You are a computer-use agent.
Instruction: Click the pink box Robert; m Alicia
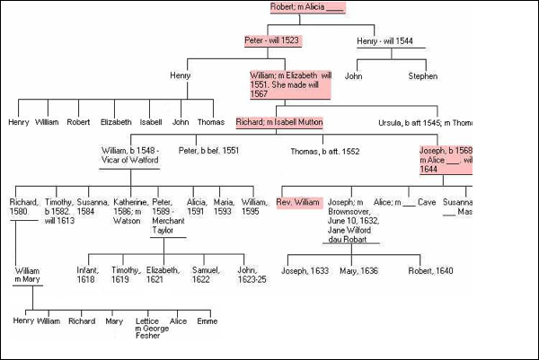coord(307,7)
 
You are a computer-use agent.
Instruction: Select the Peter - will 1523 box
coord(272,40)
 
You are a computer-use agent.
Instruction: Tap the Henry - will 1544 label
coord(385,40)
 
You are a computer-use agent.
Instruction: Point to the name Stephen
coord(422,76)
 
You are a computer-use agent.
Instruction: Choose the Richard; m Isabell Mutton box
coord(278,122)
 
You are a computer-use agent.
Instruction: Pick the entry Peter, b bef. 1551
coord(208,150)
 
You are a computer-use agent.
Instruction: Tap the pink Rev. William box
coord(299,202)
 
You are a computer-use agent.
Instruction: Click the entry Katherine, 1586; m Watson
coord(130,213)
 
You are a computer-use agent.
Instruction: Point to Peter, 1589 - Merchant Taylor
coord(168,218)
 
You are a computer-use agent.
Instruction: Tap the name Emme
coord(207,320)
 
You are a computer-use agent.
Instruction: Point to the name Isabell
coord(150,122)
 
